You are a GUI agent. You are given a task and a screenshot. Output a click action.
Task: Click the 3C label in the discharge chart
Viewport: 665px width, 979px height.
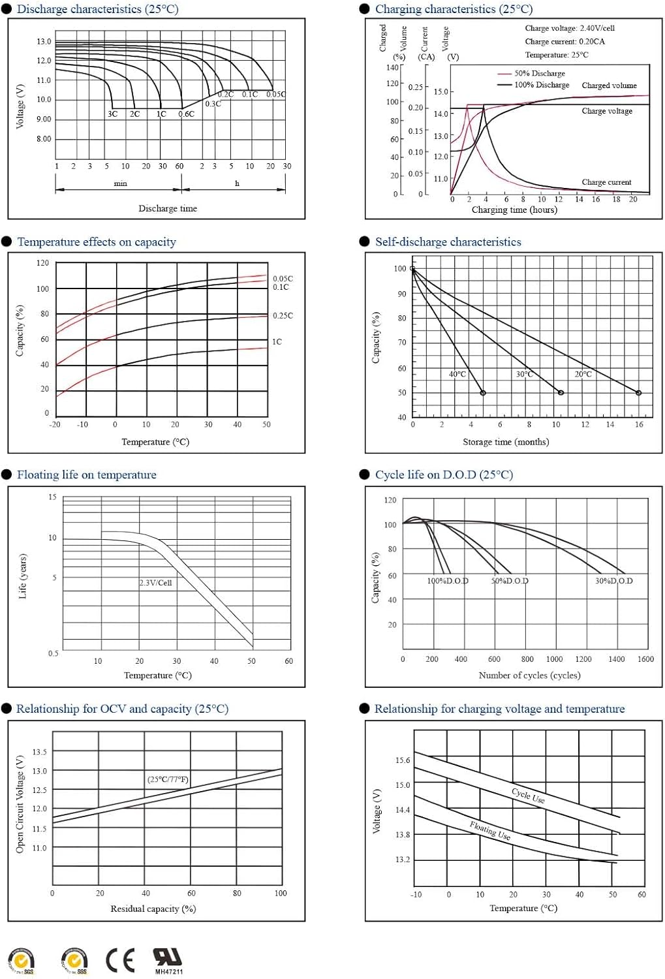(x=113, y=114)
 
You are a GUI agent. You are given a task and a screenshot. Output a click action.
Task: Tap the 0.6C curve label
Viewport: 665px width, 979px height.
(x=187, y=114)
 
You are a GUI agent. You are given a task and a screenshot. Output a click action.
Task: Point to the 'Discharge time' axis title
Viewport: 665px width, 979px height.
(x=168, y=208)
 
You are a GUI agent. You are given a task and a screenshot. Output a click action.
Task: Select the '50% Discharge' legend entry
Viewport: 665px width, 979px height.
(x=539, y=73)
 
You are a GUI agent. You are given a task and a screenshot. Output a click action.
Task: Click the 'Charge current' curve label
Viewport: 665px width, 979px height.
(x=606, y=182)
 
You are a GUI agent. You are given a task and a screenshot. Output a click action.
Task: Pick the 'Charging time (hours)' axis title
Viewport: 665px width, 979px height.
(x=514, y=210)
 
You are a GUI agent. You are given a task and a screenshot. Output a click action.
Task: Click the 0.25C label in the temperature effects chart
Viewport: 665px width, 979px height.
(x=283, y=315)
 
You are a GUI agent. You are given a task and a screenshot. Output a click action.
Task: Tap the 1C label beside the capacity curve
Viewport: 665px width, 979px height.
(x=277, y=341)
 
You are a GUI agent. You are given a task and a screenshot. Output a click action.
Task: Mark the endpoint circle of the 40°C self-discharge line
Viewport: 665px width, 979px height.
(x=483, y=393)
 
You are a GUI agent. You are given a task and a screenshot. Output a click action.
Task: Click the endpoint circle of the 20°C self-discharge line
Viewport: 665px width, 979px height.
(x=638, y=393)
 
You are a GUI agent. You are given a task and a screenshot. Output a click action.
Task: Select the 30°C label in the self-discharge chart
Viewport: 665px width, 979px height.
(x=525, y=374)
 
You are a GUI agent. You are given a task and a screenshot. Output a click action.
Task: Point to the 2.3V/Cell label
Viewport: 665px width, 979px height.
(x=155, y=582)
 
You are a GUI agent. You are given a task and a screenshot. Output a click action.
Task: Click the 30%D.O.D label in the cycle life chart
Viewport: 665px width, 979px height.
(x=613, y=580)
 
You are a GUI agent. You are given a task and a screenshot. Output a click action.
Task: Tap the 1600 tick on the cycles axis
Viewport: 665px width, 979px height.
(x=645, y=659)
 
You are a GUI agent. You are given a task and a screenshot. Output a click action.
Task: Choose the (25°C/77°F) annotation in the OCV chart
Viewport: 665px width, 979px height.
(x=168, y=779)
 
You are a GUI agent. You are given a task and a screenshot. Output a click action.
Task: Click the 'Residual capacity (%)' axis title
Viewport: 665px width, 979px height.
(x=153, y=909)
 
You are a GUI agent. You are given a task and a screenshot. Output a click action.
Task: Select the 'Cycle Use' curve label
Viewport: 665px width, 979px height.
(x=528, y=795)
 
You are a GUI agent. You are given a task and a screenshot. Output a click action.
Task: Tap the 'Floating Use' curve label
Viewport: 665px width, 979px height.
(x=490, y=830)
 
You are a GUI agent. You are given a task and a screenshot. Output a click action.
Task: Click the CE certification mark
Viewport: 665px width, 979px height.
(x=120, y=960)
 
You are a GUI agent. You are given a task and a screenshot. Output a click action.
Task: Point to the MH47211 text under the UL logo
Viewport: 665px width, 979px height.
(x=169, y=972)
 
